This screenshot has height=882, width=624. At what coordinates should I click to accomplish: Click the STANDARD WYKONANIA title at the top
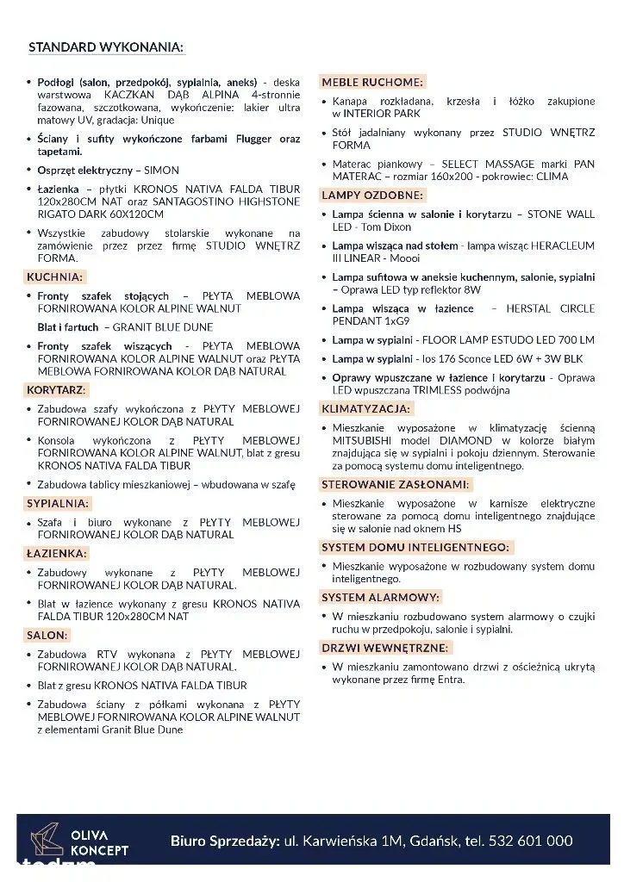106,47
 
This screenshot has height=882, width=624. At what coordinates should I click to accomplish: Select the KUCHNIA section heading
55,277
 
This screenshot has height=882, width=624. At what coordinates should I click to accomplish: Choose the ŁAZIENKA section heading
57,554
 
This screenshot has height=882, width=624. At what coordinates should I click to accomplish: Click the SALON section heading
47,635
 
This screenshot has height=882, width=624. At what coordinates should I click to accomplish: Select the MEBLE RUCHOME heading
372,83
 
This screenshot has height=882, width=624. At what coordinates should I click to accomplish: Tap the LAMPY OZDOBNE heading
372,196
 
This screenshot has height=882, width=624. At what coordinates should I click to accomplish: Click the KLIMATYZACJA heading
365,408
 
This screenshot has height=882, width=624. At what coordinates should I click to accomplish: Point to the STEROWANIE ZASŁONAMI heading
396,484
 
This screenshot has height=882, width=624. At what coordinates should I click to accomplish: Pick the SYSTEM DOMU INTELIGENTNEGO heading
415,547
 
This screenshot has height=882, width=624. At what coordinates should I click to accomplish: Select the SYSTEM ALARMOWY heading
380,597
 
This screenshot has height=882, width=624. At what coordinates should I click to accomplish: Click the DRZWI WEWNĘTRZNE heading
384,648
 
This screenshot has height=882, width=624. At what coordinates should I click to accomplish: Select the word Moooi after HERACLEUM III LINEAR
404,258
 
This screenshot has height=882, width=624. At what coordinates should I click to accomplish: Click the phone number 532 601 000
529,841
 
